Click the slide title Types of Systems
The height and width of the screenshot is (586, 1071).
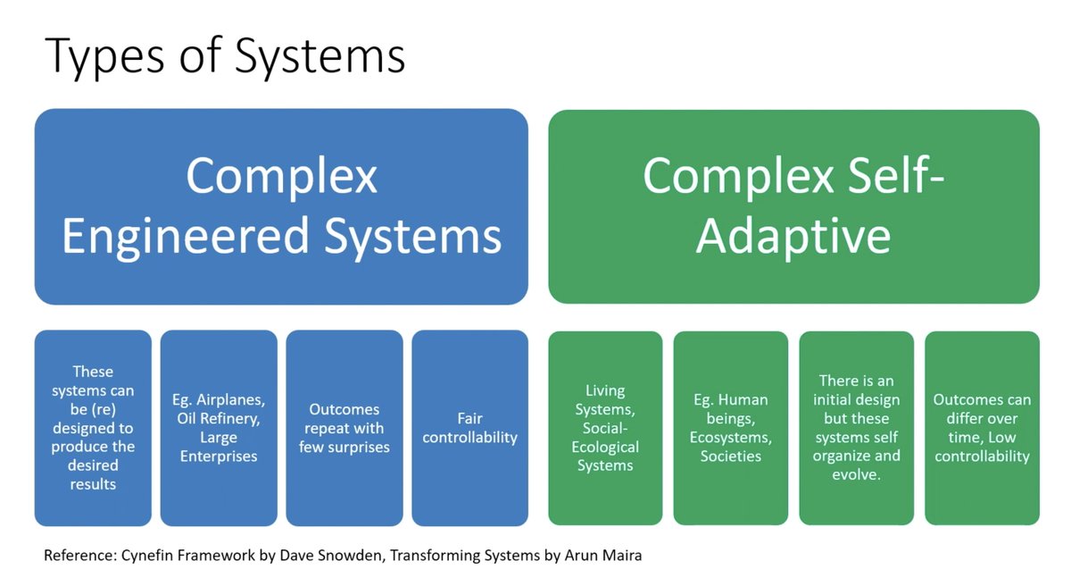click(224, 55)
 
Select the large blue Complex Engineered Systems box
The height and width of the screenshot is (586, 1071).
click(281, 206)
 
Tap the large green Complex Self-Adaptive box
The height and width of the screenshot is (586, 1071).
click(793, 206)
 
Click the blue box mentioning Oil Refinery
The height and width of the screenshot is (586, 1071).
click(219, 428)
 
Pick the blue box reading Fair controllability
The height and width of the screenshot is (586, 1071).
click(469, 428)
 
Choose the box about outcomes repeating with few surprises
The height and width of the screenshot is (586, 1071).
click(345, 428)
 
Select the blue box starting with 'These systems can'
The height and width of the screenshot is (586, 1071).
click(93, 428)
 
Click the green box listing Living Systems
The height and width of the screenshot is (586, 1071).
click(605, 428)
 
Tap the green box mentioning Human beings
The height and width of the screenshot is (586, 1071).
click(731, 428)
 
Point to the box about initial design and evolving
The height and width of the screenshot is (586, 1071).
click(856, 428)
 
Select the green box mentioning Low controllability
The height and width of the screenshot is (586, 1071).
click(982, 428)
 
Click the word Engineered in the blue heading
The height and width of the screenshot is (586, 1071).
click(185, 236)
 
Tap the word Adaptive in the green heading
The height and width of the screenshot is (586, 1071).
click(793, 236)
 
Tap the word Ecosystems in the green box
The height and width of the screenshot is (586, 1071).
click(731, 438)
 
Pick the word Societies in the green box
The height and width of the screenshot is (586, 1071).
click(731, 456)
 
